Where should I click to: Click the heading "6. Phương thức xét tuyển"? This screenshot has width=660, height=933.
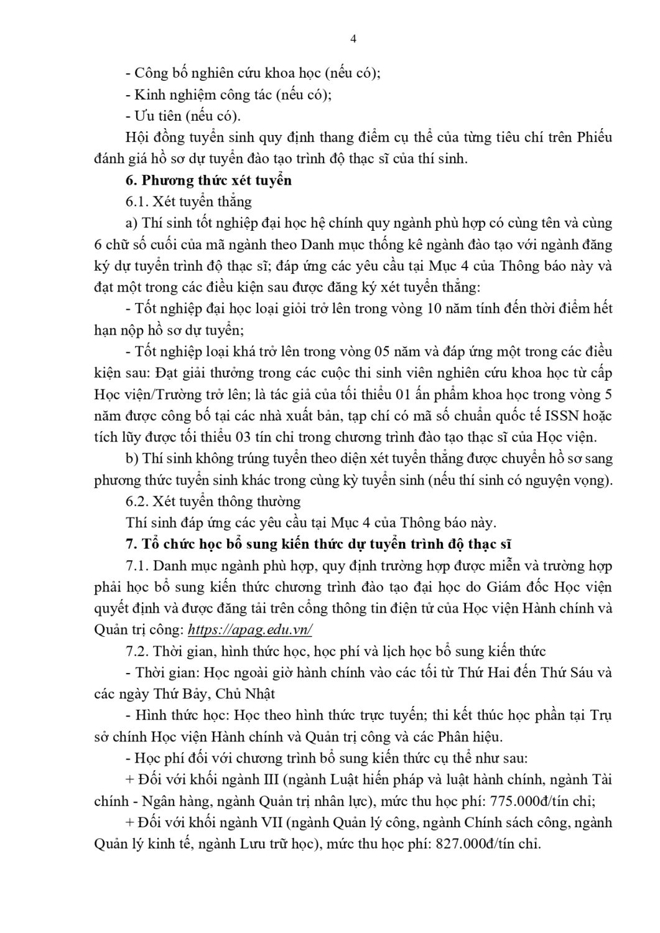208,180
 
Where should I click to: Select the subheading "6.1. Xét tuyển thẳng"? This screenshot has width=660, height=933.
188,202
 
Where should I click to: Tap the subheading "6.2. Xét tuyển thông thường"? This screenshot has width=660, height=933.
213,501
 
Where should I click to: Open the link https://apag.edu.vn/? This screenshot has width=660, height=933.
249,629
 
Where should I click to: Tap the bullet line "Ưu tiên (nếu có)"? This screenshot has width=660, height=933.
183,116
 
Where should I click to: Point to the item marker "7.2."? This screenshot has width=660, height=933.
137,651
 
